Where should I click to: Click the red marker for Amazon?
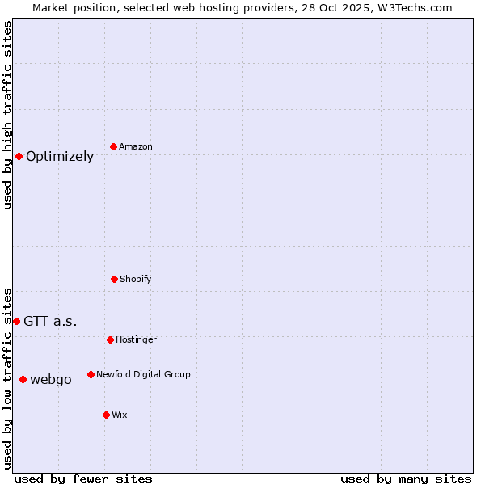(x=114, y=146)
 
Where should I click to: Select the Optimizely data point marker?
(x=19, y=156)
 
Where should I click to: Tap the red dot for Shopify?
(x=114, y=279)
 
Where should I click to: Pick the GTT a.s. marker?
(x=16, y=321)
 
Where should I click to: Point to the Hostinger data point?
(x=110, y=339)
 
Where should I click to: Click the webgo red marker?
(x=23, y=379)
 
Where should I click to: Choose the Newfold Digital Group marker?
(x=91, y=374)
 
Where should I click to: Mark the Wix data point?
(x=106, y=415)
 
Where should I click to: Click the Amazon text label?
(x=136, y=147)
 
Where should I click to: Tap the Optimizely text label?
(x=60, y=157)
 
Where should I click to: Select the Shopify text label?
(x=136, y=280)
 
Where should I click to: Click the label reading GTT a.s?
(x=50, y=322)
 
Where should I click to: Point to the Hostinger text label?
(x=136, y=340)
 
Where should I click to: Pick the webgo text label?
(x=51, y=380)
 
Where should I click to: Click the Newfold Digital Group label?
(x=143, y=375)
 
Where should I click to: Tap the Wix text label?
(x=120, y=415)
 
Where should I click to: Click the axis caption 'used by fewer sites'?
(x=83, y=479)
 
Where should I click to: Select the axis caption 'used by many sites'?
(x=406, y=479)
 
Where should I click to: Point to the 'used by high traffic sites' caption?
(x=7, y=115)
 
